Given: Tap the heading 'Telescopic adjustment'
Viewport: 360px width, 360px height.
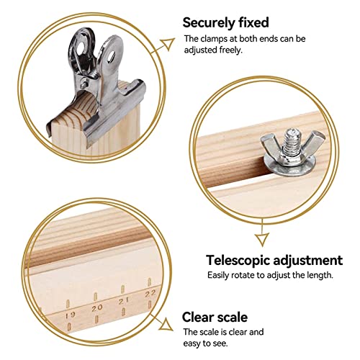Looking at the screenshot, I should [x=274, y=260].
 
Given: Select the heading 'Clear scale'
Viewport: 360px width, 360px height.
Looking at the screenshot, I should [x=215, y=316].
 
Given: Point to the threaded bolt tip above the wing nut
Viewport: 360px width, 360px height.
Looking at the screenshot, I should [x=276, y=135].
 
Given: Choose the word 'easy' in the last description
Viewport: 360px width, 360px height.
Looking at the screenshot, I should [x=192, y=343].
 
